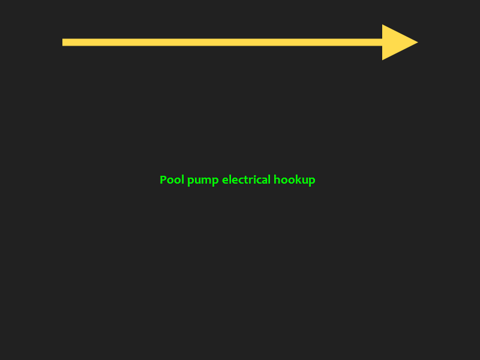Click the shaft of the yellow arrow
click(x=222, y=42)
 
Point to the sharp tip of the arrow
click(x=417, y=42)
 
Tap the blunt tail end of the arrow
click(x=64, y=42)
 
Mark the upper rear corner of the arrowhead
click(x=383, y=25)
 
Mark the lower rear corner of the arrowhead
click(x=383, y=59)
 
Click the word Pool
click(x=172, y=180)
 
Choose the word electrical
click(x=246, y=180)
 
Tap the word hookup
click(x=294, y=180)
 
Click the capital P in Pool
click(x=163, y=180)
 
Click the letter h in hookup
click(x=277, y=180)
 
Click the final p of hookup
click(x=311, y=181)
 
